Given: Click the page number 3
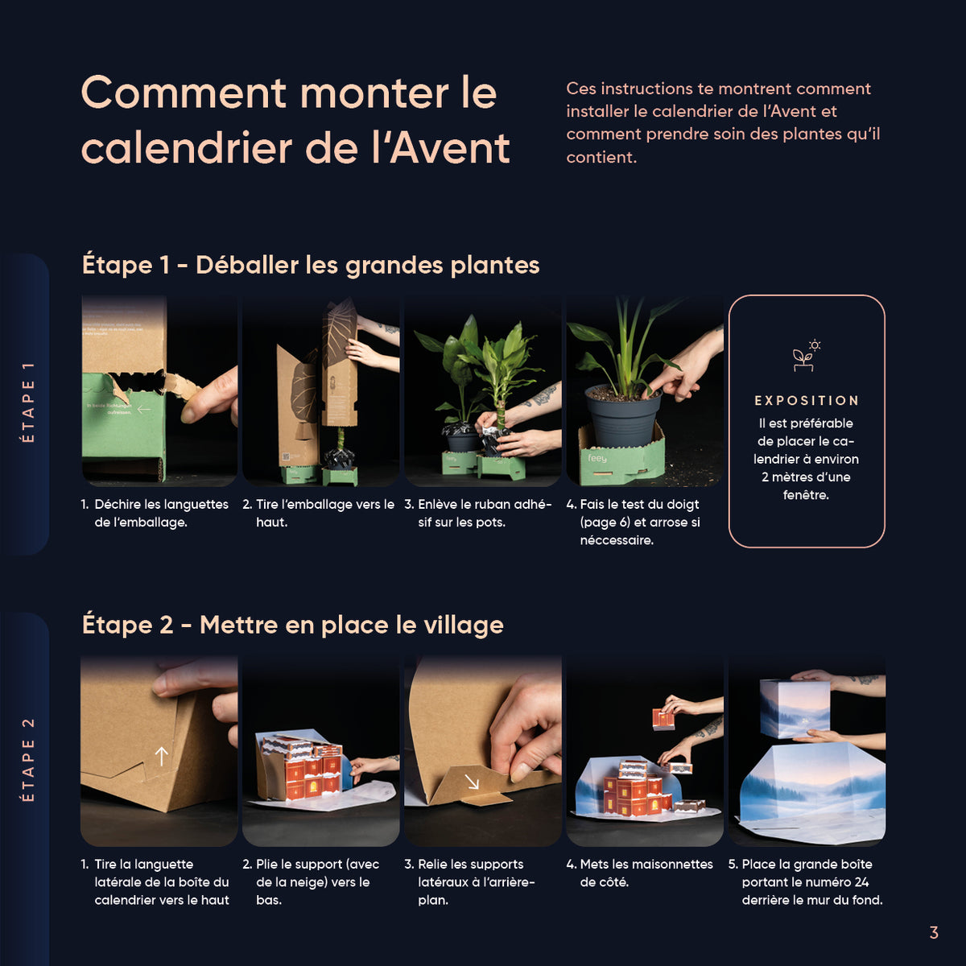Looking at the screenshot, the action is pyautogui.click(x=934, y=932).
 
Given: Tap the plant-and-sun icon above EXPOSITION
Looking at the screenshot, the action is pyautogui.click(x=806, y=356).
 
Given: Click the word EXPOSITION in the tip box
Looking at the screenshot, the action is pyautogui.click(x=807, y=401).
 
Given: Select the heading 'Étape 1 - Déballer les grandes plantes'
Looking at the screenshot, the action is pyautogui.click(x=310, y=265).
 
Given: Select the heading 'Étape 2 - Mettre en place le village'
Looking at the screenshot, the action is pyautogui.click(x=293, y=625).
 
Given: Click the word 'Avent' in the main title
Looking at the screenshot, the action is pyautogui.click(x=450, y=148).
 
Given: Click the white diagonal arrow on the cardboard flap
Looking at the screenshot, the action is pyautogui.click(x=472, y=781).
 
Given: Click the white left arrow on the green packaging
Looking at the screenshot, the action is pyautogui.click(x=144, y=410).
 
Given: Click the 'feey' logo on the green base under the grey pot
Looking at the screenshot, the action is pyautogui.click(x=597, y=458).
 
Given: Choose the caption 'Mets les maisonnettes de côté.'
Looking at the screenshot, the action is pyautogui.click(x=640, y=873).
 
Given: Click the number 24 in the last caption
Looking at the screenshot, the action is pyautogui.click(x=861, y=882).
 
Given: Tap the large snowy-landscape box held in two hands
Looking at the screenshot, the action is pyautogui.click(x=795, y=708).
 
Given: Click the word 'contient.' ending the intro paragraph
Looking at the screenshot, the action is pyautogui.click(x=601, y=158).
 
